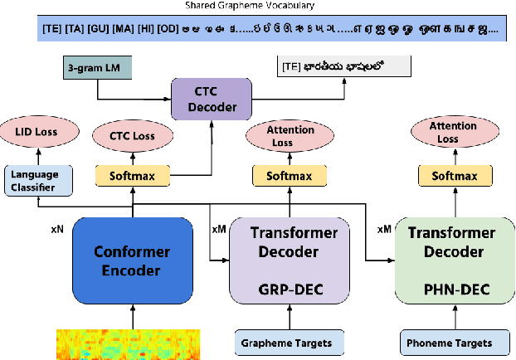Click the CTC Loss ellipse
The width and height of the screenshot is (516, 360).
point(134,134)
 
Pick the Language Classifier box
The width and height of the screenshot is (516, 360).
point(33,180)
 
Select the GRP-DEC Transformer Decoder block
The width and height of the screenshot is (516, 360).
point(286,257)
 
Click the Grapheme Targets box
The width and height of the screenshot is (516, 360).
point(286,342)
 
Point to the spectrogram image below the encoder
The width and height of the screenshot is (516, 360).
point(132,343)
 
